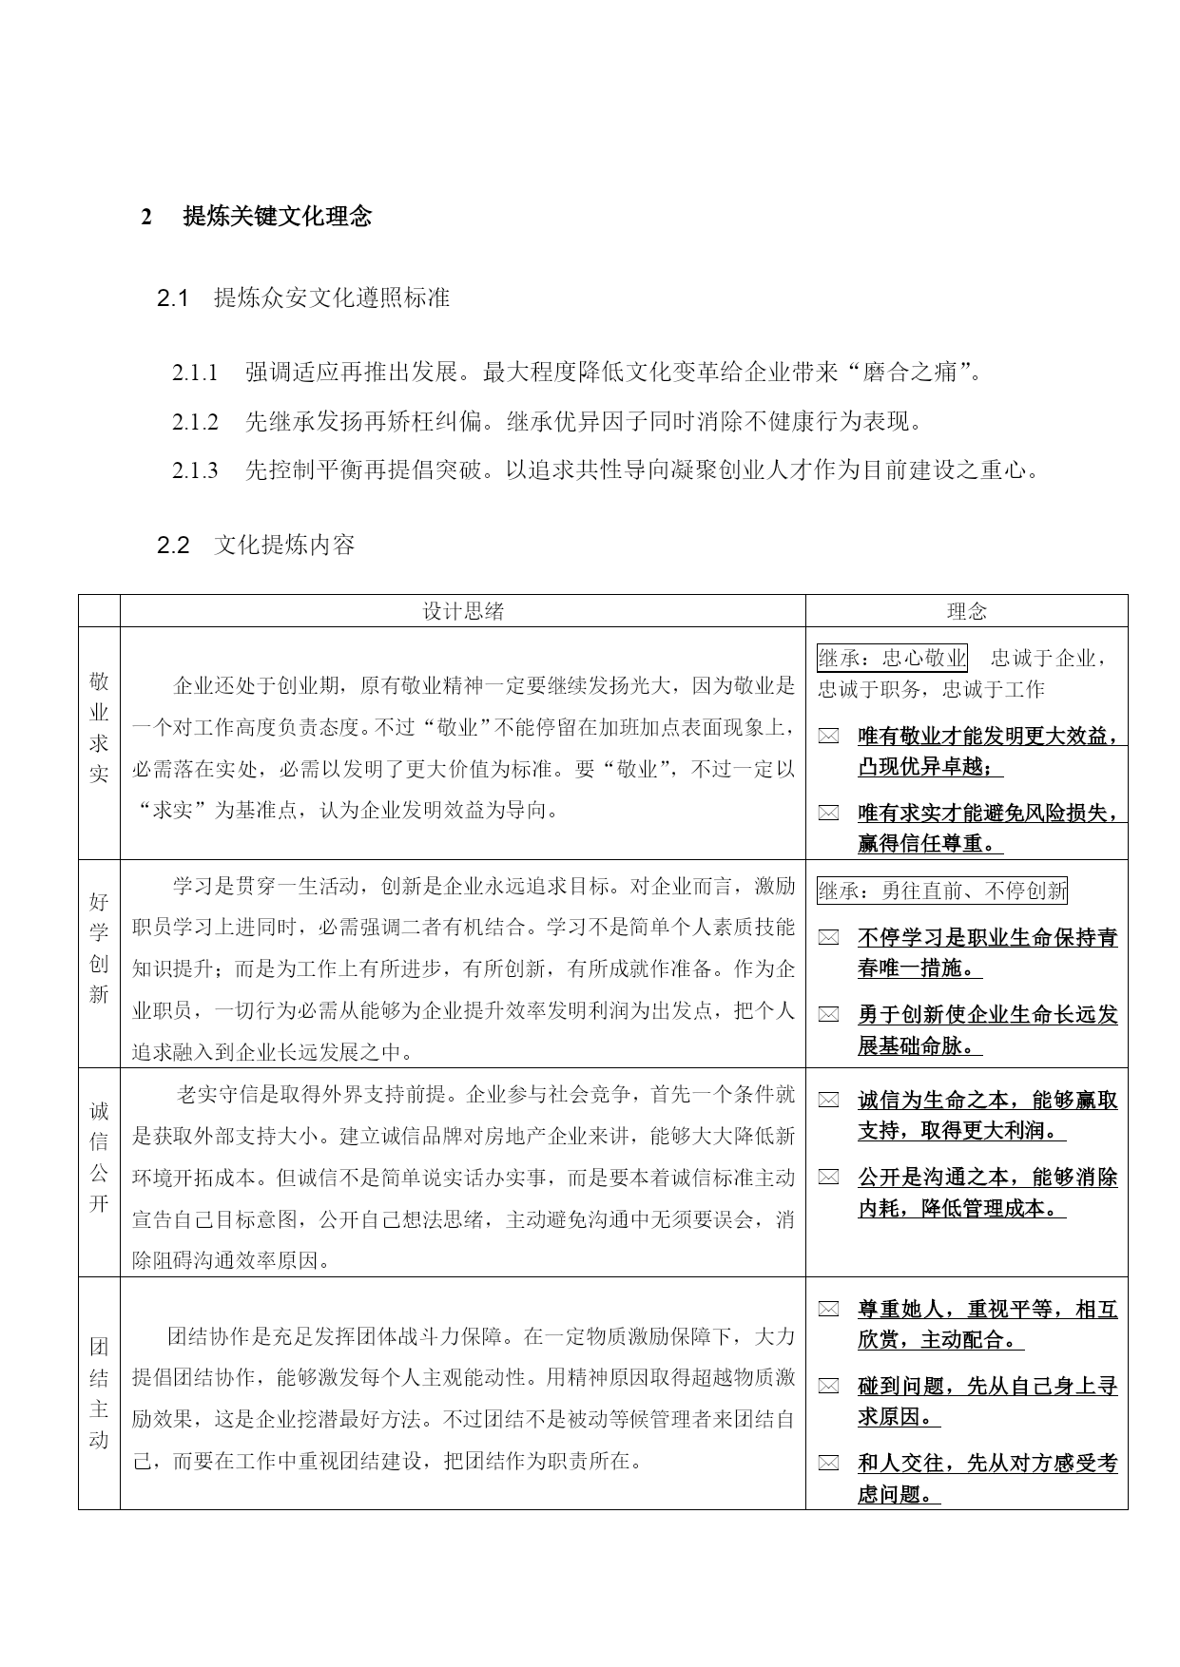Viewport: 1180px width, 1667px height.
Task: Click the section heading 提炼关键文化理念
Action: [x=277, y=217]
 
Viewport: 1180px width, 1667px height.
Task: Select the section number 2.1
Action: [x=174, y=298]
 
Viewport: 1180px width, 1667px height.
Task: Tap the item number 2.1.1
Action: [x=195, y=373]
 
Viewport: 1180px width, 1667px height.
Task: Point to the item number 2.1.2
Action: [x=195, y=422]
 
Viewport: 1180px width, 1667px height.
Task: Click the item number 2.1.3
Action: [x=195, y=470]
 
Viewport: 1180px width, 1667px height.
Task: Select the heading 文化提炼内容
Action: [x=284, y=546]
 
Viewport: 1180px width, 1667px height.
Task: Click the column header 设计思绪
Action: [x=463, y=612]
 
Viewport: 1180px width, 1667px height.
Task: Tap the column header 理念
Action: [x=966, y=612]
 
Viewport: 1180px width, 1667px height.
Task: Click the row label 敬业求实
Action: [x=99, y=727]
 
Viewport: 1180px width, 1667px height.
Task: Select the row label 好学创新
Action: [x=99, y=948]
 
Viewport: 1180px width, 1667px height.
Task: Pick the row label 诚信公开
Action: [x=99, y=1157]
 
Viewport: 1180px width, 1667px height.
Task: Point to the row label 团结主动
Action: [x=99, y=1392]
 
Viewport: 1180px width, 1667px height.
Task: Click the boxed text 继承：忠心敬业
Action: [x=892, y=658]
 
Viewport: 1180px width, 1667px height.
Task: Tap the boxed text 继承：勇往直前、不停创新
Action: [x=942, y=891]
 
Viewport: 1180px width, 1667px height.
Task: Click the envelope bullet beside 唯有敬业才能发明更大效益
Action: [x=829, y=737]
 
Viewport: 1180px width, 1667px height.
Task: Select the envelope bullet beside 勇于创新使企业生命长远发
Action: [x=829, y=1015]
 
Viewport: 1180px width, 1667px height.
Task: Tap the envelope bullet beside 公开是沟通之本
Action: [x=829, y=1178]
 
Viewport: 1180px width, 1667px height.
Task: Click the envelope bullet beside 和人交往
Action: [x=829, y=1464]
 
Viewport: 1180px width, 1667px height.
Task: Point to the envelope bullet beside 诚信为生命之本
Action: [x=829, y=1101]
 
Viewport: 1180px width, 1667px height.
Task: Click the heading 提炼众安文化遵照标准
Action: [x=332, y=298]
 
